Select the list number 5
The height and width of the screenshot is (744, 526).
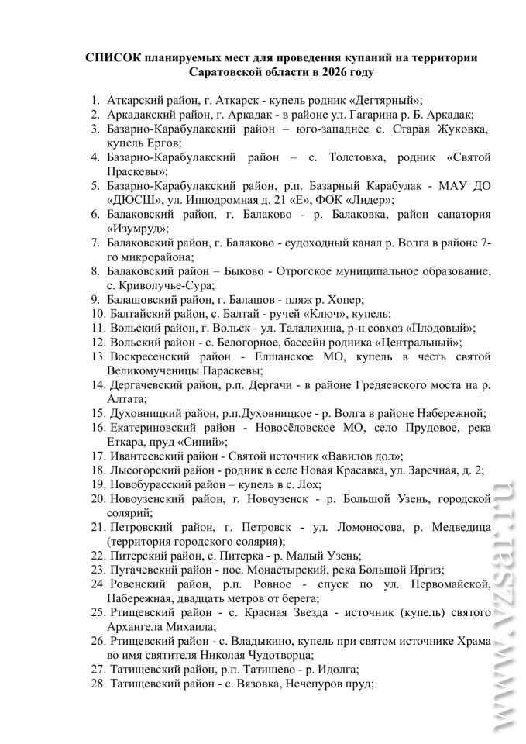tap(95, 185)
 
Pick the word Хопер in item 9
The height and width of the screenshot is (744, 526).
tap(344, 299)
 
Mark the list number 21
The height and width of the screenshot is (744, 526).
tap(97, 527)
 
